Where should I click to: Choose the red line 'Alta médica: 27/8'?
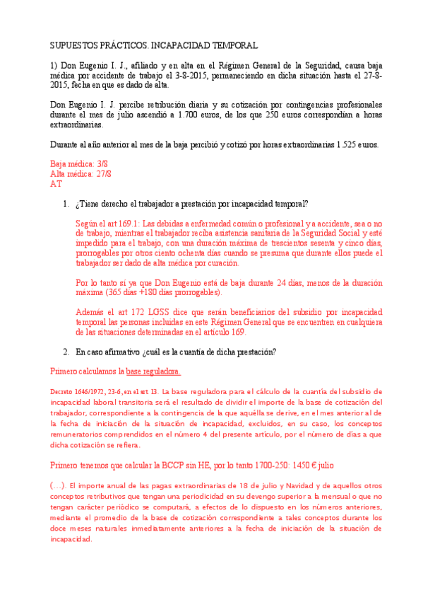tap(81, 173)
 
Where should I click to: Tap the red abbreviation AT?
tap(56, 183)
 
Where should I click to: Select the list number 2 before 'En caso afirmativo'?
tap(66, 352)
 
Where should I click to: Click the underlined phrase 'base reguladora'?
tap(153, 371)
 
